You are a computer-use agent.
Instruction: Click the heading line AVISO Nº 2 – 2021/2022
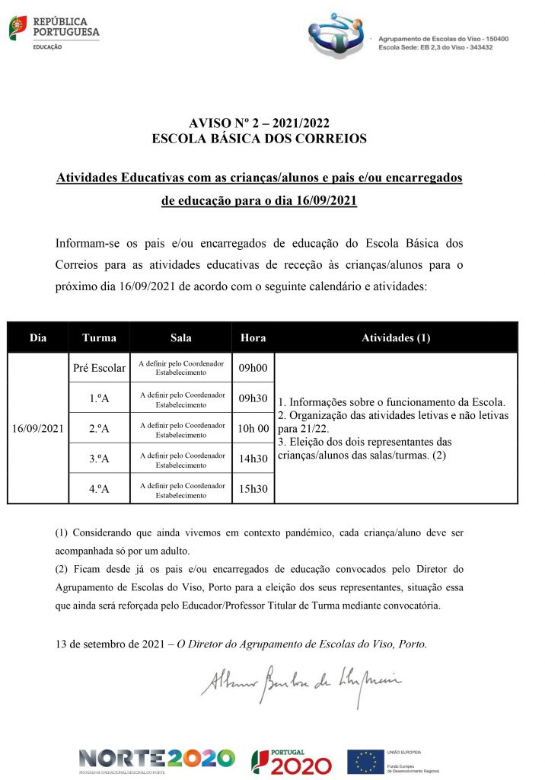[259, 124]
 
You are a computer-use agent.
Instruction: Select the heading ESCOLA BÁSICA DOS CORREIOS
[259, 139]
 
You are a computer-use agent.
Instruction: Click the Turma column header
[99, 337]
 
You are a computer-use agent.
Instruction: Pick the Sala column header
[181, 337]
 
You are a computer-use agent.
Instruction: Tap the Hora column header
[253, 337]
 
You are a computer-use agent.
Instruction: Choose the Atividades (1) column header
[396, 337]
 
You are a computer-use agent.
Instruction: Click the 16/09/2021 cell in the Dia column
[38, 428]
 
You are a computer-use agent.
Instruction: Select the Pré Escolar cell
[99, 369]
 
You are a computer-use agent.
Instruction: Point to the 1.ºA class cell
[99, 398]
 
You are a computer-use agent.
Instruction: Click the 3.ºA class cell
[99, 459]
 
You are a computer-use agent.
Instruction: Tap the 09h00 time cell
[253, 369]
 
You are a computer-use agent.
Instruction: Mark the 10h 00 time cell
[253, 428]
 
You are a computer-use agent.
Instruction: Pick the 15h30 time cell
[253, 488]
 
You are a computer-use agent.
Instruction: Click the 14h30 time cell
[253, 459]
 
